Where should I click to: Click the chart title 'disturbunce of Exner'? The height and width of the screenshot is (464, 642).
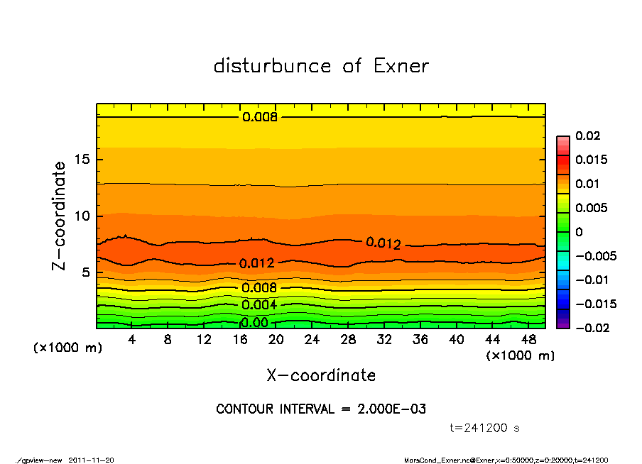coord(321,66)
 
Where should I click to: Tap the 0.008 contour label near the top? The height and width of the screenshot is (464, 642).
coord(260,117)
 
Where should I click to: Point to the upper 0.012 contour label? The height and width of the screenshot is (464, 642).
coord(383,243)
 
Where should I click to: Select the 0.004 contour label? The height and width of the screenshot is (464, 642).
coord(260,305)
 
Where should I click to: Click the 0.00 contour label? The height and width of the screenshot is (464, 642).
coord(254,323)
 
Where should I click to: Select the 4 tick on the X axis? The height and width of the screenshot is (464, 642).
coord(132,340)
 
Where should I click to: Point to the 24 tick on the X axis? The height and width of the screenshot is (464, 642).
coord(312,340)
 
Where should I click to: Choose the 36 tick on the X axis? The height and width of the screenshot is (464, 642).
coord(420,340)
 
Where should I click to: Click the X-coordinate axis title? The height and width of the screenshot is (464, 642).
coord(321,375)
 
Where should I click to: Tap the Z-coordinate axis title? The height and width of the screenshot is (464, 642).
coord(60,216)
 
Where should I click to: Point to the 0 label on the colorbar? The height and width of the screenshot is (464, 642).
coord(579,232)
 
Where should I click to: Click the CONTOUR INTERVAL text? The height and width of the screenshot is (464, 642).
coord(321,409)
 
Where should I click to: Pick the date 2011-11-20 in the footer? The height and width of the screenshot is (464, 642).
coord(92,460)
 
